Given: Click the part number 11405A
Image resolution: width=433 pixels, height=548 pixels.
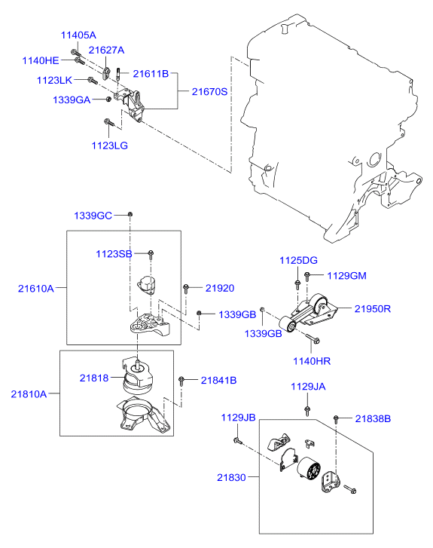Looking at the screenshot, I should (78, 35).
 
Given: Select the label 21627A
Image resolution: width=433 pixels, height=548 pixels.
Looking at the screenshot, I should (106, 51).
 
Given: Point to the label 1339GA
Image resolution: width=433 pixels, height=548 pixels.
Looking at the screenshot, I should (72, 99).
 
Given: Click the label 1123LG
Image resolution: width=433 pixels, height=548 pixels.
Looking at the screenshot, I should (111, 145).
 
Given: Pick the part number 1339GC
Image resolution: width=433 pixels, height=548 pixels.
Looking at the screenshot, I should (93, 216).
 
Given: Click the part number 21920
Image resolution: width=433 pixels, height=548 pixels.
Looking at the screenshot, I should (220, 288).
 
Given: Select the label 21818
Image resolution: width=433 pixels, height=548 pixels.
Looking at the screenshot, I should (94, 378).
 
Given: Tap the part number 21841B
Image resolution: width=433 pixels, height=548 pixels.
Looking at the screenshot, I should (218, 381).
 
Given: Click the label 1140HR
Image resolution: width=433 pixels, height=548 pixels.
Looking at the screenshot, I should (312, 361).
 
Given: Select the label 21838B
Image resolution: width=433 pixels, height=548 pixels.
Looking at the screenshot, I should (373, 418).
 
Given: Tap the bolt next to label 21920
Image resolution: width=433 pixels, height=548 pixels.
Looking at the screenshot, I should (186, 288).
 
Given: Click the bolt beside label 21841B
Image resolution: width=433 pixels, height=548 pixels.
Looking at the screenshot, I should (181, 381).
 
